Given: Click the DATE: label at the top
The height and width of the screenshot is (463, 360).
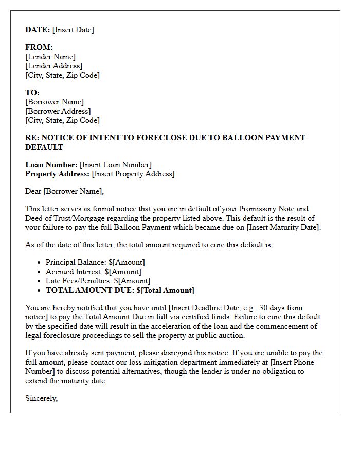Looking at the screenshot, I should coord(38,30).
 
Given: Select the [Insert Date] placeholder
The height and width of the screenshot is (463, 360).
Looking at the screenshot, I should coord(73,30).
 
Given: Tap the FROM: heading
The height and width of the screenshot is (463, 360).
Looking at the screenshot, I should coord(39,47).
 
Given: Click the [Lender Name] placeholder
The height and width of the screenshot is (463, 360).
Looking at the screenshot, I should coord(50,57).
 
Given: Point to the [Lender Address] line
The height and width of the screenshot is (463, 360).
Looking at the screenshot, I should coord(54,66).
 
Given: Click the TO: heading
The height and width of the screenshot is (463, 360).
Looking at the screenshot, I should coord(32,93).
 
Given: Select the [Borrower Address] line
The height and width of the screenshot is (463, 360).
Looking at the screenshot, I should coord(58,111).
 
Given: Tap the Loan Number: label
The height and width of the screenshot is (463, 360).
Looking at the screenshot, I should coord(51,165).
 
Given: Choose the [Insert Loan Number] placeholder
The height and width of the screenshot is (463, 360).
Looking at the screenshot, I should coord(116,165).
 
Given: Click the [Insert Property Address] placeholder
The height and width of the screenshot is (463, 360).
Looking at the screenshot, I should coord(133,174).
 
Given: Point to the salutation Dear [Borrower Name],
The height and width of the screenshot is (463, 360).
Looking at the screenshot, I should coord(64,191).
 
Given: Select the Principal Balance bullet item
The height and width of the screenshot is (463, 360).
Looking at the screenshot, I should coord(95,262).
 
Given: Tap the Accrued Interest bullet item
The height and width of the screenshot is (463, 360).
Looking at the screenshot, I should coord(93,272).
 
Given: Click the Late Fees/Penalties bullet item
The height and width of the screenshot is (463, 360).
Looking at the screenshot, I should coord(98,281).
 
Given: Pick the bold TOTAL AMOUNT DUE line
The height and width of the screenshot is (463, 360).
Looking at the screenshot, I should coord(120,290).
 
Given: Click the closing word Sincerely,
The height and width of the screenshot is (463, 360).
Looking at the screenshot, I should coord(42,398).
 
